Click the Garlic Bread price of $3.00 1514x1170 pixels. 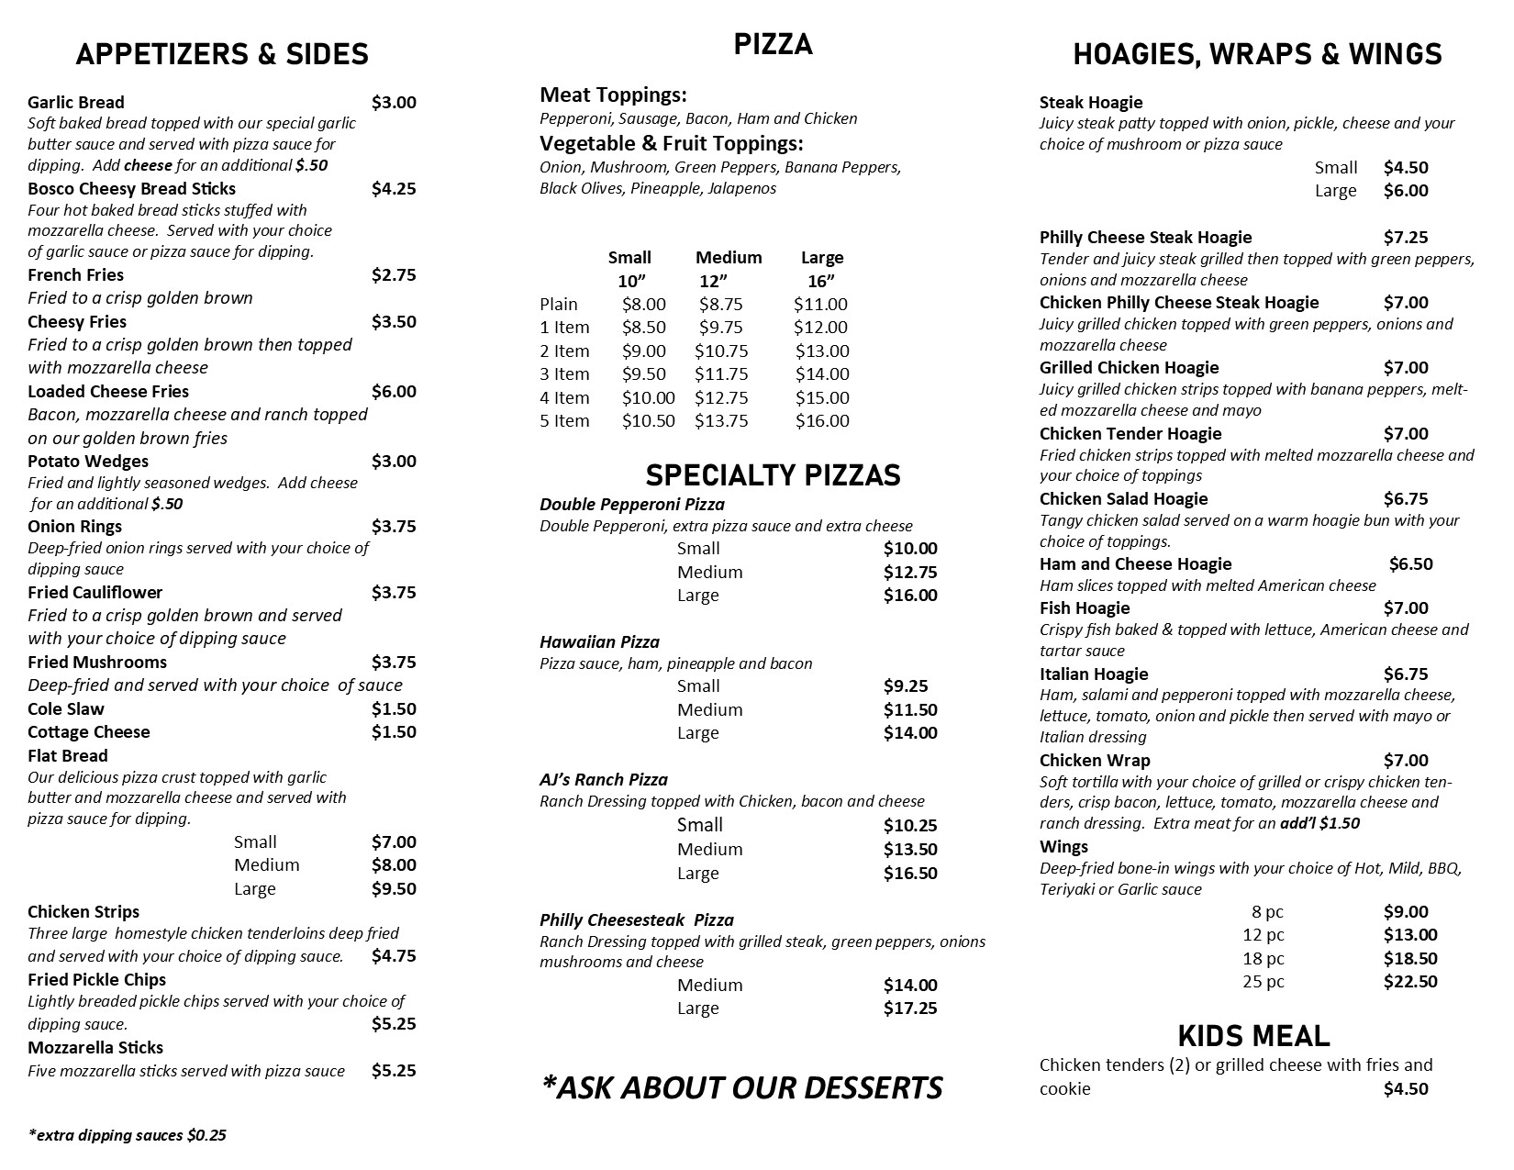click(x=394, y=102)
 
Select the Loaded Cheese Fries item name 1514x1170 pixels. click(x=108, y=392)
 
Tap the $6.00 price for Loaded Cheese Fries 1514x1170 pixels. click(x=394, y=392)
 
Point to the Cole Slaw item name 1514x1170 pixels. click(x=66, y=709)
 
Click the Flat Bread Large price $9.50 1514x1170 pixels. click(x=394, y=888)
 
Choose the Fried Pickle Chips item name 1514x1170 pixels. click(x=96, y=979)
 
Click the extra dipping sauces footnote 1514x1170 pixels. click(x=127, y=1135)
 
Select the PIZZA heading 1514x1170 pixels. click(x=773, y=44)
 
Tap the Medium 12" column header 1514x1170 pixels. click(x=729, y=269)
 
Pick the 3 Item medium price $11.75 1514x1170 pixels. click(x=721, y=374)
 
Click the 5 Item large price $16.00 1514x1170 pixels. click(x=822, y=421)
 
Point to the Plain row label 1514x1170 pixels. click(x=559, y=305)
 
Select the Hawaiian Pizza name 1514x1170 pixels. click(x=599, y=642)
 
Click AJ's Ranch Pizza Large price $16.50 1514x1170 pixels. click(x=910, y=874)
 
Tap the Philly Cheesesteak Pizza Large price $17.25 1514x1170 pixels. click(x=910, y=1008)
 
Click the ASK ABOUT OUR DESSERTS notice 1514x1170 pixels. click(x=741, y=1087)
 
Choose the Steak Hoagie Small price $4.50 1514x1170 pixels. click(x=1406, y=168)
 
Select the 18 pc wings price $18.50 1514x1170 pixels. click(x=1410, y=959)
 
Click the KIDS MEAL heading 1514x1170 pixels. click(x=1253, y=1036)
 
